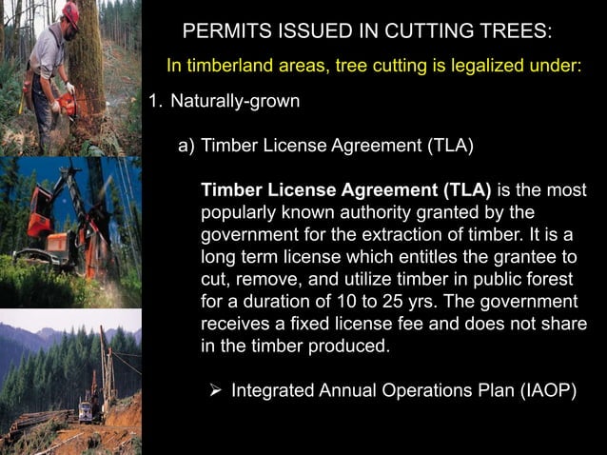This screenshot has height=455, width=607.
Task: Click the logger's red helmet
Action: point(70,12)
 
